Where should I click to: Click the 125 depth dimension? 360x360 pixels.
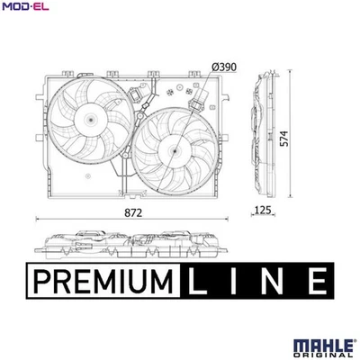pos(262,210)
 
